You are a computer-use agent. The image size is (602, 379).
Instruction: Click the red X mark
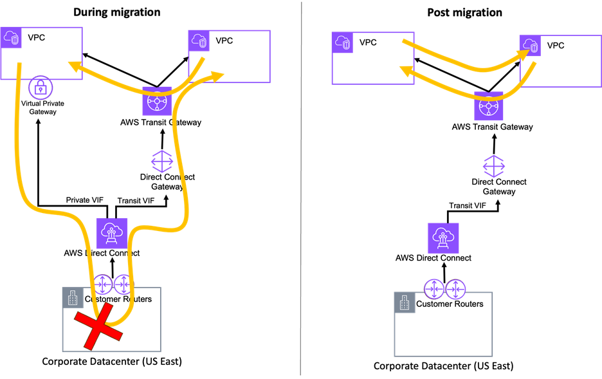[x=98, y=326]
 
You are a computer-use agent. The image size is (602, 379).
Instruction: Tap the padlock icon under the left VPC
[x=41, y=88]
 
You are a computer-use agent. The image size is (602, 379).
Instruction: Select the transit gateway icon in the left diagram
[x=157, y=102]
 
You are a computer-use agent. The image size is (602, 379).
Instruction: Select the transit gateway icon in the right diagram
[x=489, y=106]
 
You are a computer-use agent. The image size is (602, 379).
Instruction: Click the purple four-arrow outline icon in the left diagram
[x=162, y=162]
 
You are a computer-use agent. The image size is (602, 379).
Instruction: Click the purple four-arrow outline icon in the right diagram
[x=494, y=166]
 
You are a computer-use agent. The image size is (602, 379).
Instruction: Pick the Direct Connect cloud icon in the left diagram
[x=112, y=233]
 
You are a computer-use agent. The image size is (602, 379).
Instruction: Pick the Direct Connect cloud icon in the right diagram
[x=443, y=238]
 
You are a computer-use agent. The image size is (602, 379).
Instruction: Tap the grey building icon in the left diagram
[x=73, y=297]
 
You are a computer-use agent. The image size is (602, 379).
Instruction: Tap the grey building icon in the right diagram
[x=405, y=302]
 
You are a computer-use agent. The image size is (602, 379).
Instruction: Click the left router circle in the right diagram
[x=434, y=289]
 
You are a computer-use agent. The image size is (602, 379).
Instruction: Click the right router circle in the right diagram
[x=455, y=289]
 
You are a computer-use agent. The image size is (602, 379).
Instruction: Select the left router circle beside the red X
[x=103, y=284]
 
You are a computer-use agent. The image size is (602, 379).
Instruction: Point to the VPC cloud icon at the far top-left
[x=11, y=37]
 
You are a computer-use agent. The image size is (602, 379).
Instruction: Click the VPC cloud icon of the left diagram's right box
[x=199, y=41]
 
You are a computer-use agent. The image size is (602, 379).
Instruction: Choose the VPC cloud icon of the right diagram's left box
[x=342, y=42]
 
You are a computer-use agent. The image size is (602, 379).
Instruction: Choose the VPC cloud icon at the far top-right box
[x=530, y=46]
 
